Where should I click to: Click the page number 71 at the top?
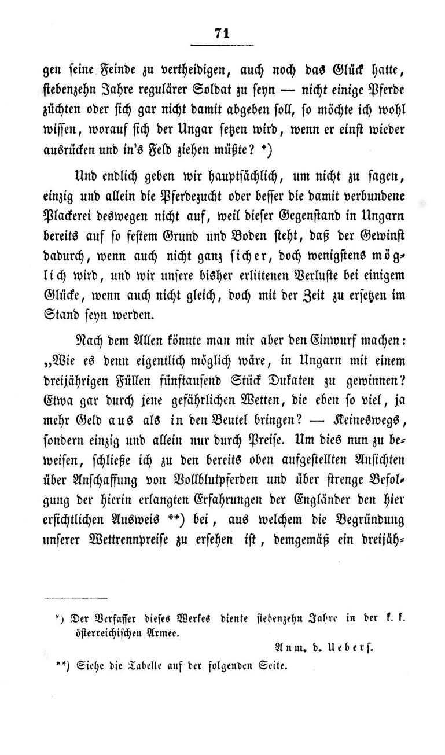pyautogui.click(x=222, y=33)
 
